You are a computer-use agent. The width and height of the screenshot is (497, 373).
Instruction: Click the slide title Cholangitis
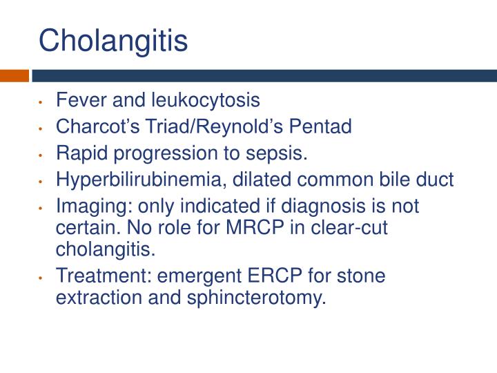coord(113,41)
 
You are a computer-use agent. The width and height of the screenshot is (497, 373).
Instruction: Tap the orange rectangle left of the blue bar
coord(14,75)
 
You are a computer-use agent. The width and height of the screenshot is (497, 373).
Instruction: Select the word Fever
coord(77,101)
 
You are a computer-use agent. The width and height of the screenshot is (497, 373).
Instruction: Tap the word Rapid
coord(77,153)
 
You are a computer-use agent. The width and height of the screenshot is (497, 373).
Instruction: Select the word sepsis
coord(280,153)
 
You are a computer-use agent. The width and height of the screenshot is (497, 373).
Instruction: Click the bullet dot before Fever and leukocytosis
coord(43,103)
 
